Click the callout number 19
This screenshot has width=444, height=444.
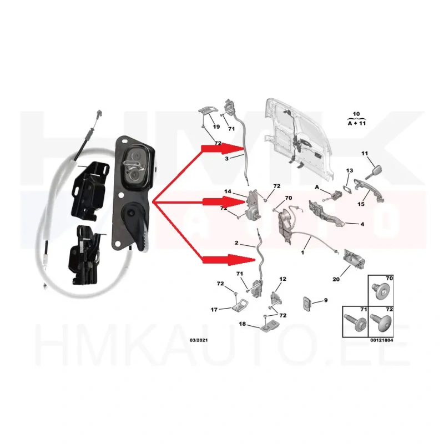[x=216, y=127]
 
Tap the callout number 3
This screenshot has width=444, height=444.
[x=226, y=159]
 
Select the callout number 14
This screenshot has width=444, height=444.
[x=228, y=191]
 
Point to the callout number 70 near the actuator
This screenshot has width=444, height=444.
[x=288, y=198]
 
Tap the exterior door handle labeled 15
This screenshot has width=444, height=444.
[x=369, y=189]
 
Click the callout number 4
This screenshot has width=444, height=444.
[x=362, y=224]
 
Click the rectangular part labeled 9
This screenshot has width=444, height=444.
[x=307, y=303]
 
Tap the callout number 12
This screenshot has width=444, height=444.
[x=282, y=279]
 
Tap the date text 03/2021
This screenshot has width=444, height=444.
[x=199, y=340]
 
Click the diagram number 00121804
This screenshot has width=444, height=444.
[x=381, y=340]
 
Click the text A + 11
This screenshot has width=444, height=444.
[x=356, y=123]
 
